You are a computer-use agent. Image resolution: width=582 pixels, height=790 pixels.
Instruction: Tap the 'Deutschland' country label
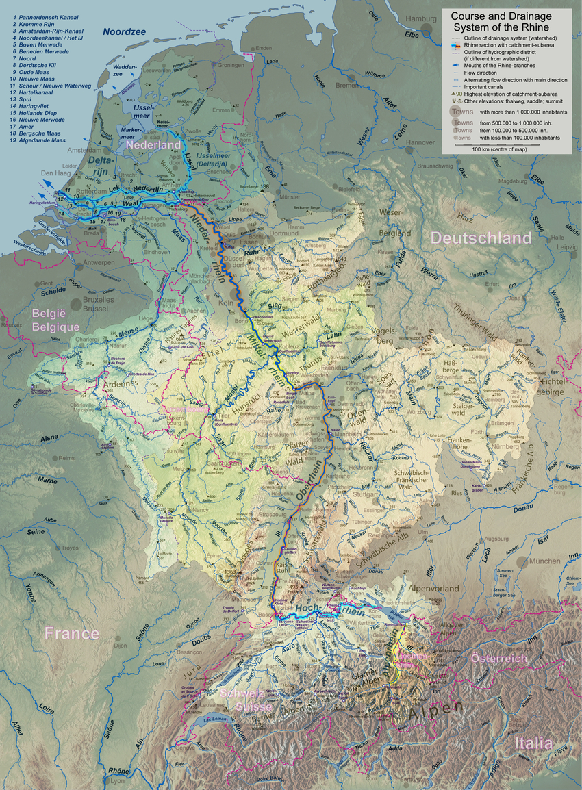481,238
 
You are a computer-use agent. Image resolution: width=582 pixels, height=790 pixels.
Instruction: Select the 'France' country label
72,633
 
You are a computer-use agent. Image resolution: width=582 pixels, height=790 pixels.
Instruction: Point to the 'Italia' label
533,743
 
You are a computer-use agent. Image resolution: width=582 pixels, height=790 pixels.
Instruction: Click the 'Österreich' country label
499,658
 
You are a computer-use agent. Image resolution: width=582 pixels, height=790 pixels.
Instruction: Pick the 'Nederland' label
151,145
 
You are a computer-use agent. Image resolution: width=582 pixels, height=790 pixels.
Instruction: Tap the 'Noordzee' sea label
127,31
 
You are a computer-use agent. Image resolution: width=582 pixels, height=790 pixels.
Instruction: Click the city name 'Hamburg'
420,18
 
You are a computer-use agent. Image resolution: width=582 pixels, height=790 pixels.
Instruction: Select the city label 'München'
545,561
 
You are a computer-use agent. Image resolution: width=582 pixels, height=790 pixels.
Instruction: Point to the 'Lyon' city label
118,780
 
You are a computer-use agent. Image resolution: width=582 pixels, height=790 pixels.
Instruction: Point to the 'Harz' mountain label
466,220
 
